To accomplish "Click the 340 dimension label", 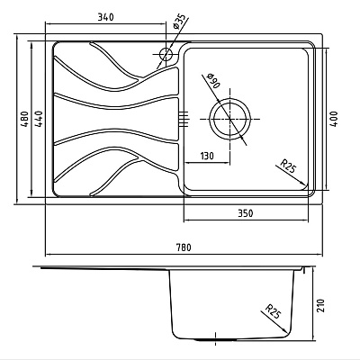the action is pyautogui.click(x=106, y=17).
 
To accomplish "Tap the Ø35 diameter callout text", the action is pyautogui.click(x=180, y=22).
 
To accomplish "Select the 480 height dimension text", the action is pyautogui.click(x=25, y=119).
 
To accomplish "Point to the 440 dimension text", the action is pyautogui.click(x=39, y=119).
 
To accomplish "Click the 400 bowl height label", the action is pyautogui.click(x=335, y=119).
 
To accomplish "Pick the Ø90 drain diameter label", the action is pyautogui.click(x=213, y=80).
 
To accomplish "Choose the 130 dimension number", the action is pyautogui.click(x=207, y=156).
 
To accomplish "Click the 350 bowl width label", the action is pyautogui.click(x=246, y=213).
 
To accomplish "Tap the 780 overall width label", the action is pyautogui.click(x=184, y=247).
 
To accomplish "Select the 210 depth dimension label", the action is pyautogui.click(x=320, y=305).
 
